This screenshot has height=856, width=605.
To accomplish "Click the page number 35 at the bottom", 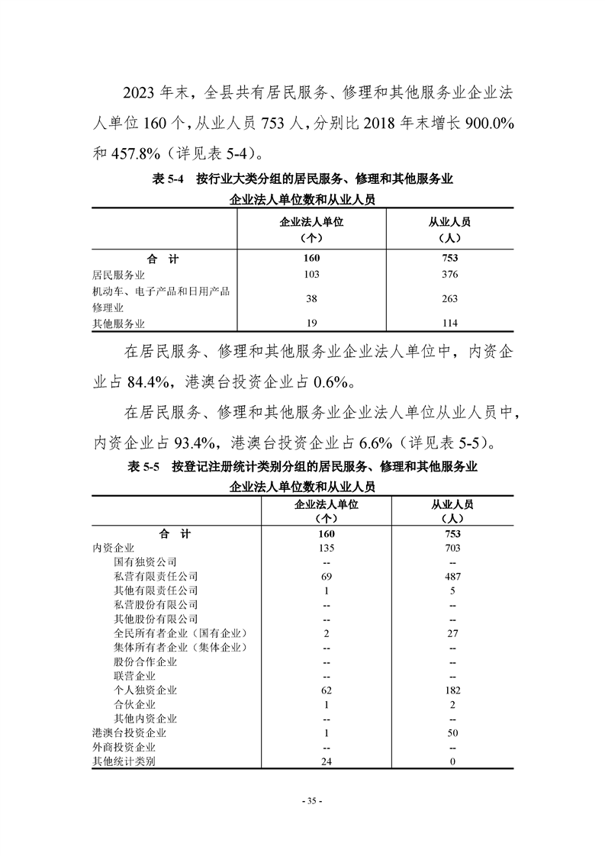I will tap(313, 801).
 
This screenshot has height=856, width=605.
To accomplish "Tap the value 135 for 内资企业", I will tap(326, 548).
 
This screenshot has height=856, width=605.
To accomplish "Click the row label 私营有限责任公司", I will tap(156, 576).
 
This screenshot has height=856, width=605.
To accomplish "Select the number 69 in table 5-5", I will tap(326, 576).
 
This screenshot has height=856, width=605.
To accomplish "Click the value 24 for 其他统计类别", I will tap(326, 761).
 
